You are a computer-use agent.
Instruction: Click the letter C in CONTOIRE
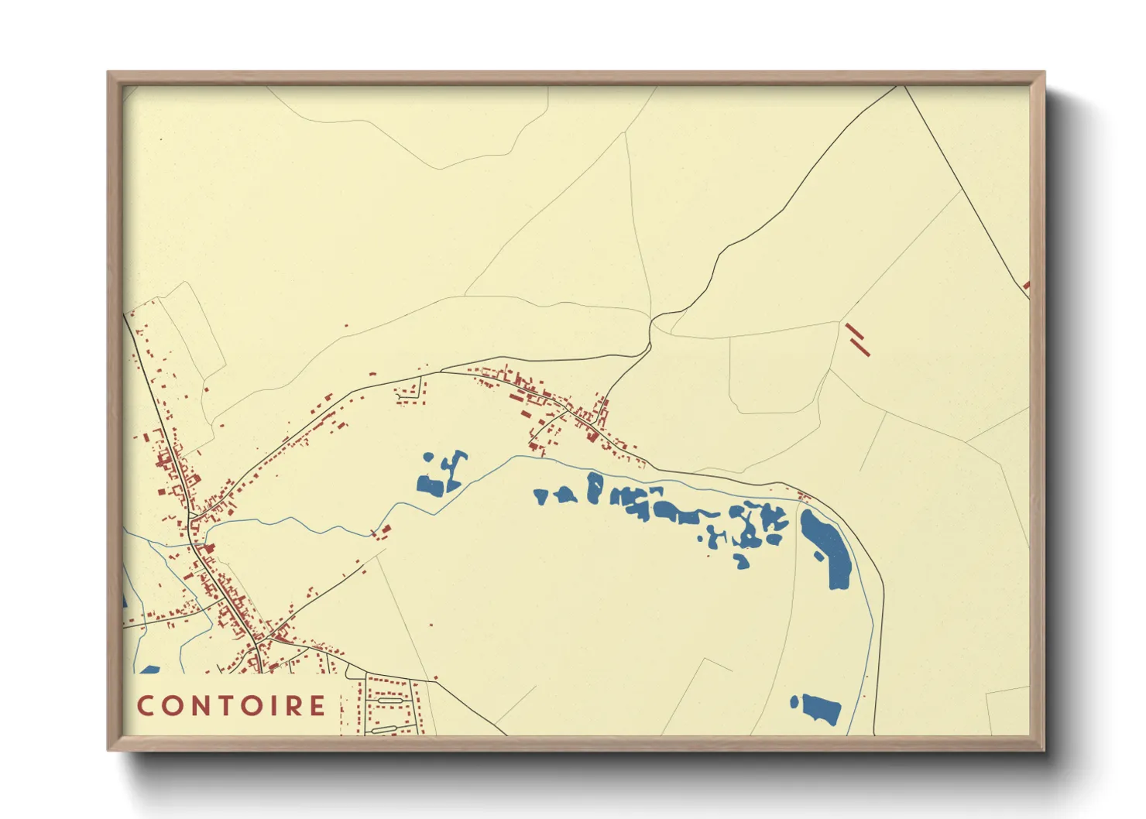pyautogui.click(x=146, y=706)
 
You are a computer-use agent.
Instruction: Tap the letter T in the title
pyautogui.click(x=221, y=706)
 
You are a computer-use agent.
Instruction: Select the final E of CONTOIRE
pyautogui.click(x=317, y=706)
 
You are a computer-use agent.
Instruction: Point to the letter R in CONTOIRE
pyautogui.click(x=293, y=706)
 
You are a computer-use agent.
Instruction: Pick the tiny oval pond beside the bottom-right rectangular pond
pyautogui.click(x=794, y=702)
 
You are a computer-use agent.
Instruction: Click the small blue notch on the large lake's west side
pyautogui.click(x=818, y=556)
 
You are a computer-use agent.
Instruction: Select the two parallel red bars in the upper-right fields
pyautogui.click(x=857, y=340)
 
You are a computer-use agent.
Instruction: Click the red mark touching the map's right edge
pyautogui.click(x=1027, y=286)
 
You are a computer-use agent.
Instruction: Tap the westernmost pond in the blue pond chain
pyautogui.click(x=540, y=496)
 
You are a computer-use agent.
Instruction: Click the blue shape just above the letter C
pyautogui.click(x=150, y=670)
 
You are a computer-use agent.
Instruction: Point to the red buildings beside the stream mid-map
pyautogui.click(x=382, y=531)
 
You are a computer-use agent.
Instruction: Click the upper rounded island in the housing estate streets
pyautogui.click(x=385, y=701)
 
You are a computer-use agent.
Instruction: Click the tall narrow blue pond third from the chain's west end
pyautogui.click(x=594, y=488)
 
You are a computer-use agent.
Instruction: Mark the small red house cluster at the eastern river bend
pyautogui.click(x=804, y=495)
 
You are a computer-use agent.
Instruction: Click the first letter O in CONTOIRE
pyautogui.click(x=171, y=706)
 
